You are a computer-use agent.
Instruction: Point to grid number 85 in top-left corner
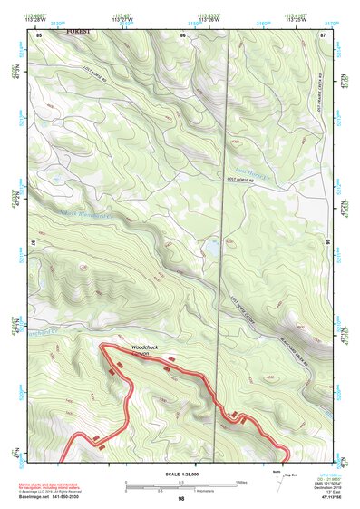(x=39, y=34)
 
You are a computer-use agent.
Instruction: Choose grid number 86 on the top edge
(x=182, y=34)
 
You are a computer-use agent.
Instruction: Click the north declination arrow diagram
(x=276, y=478)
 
